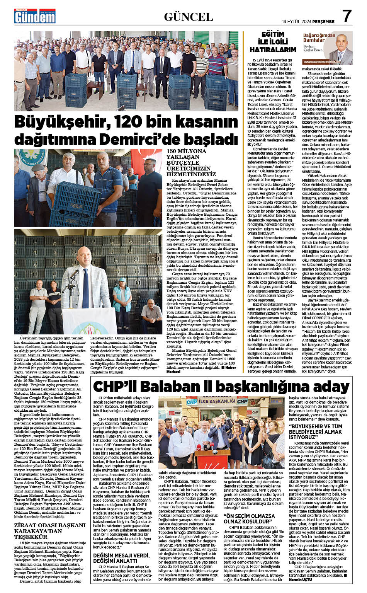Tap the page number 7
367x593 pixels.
coord(347,16)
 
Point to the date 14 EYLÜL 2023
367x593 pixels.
coord(296,22)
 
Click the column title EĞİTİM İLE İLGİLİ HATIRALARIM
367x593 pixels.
coord(272,42)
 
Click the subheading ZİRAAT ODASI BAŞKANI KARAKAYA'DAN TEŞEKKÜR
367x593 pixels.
coord(49,531)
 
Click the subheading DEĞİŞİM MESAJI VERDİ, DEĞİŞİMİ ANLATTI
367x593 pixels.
coord(123,558)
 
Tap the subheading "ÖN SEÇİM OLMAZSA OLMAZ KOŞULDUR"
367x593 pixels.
coord(249,519)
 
